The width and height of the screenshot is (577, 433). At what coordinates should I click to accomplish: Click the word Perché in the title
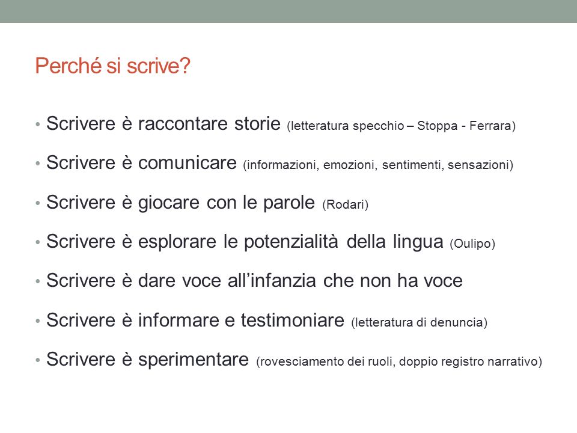point(68,66)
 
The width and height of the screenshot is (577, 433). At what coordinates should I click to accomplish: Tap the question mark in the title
point(185,66)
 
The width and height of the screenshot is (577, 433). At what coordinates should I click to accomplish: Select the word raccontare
point(183,124)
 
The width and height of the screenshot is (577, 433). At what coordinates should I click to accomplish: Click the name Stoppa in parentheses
point(438,126)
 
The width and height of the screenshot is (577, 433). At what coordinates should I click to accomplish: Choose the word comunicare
point(188,163)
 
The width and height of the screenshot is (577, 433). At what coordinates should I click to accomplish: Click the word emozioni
point(350,165)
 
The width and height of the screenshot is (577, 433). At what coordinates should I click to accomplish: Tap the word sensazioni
point(478,165)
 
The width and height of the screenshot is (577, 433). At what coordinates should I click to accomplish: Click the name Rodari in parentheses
point(345,204)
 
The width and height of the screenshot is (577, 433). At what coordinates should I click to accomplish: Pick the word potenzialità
point(291,242)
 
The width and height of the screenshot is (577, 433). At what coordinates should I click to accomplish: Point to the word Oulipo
point(472,244)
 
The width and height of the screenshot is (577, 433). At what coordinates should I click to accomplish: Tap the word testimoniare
point(293,320)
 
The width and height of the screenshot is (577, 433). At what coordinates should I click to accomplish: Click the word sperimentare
point(194,360)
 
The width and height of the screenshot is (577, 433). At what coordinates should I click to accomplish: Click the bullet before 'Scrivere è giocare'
point(37,203)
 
